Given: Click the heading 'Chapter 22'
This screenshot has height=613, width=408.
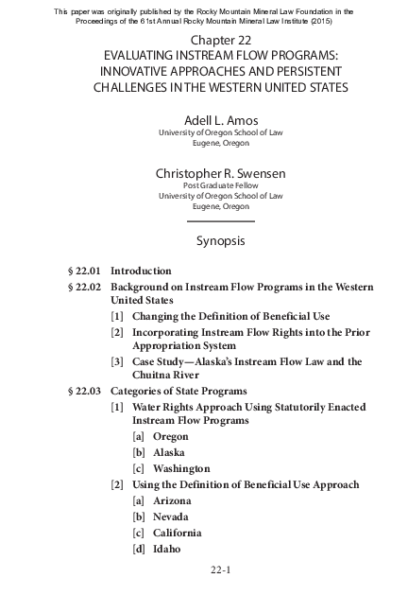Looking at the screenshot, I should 220,42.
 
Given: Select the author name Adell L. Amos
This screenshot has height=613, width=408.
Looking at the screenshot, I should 220,119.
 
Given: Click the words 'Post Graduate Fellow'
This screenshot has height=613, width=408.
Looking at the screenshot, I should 220,185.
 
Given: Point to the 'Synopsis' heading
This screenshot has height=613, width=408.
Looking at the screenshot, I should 220,240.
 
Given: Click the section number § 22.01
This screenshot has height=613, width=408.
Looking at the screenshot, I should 84,271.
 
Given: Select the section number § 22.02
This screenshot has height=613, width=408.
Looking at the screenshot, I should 84,287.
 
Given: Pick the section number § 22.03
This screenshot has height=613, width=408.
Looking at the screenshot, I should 84,391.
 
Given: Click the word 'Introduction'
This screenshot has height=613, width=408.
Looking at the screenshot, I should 141,271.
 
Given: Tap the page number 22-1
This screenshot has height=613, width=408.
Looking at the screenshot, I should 220,570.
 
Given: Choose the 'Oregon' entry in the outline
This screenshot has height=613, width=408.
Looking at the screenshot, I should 171,436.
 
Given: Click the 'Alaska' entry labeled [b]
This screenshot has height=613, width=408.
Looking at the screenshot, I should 169,452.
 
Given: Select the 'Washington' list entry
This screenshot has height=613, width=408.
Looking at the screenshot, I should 180,468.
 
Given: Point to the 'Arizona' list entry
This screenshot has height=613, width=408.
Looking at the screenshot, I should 172,500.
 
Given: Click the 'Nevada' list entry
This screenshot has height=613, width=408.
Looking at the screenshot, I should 171,517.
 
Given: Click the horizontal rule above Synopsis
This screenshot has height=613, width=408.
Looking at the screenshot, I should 220,221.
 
